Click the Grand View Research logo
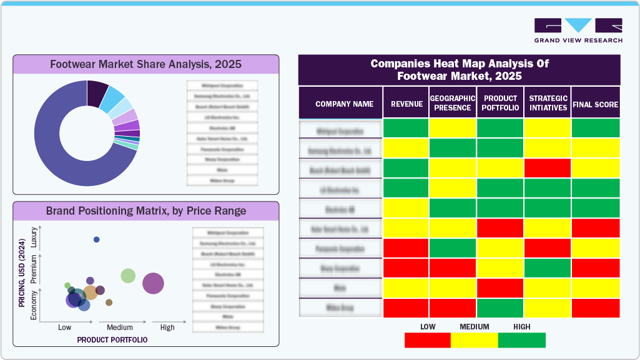pos(578,30)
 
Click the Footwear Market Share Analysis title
pos(145,64)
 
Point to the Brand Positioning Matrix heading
pos(145,211)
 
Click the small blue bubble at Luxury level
pos(96,240)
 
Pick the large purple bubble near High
pos(153,283)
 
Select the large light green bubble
pos(128,275)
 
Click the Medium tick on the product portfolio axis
pos(120,328)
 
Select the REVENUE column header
pos(406,104)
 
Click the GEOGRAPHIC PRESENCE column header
pos(453,104)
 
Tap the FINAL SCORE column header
pos(595,104)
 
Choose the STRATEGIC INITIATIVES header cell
pos(548,104)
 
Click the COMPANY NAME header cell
pos(344,104)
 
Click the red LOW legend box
pos(428,340)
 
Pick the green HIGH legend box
pos(521,340)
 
